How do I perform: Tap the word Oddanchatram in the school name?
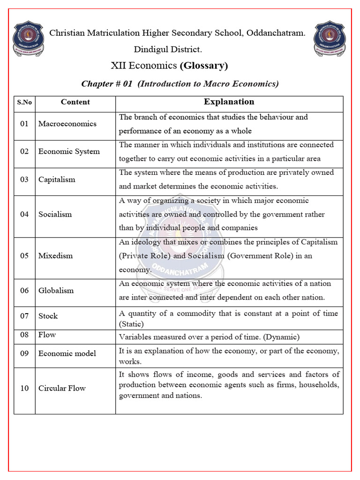pos(276,33)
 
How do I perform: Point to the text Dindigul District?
pos(168,49)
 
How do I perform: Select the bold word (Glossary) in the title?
pos(204,66)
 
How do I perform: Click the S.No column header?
pos(24,102)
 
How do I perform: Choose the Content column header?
pos(75,102)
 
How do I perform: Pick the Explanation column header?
pos(229,102)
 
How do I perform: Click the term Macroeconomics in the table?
pos(67,124)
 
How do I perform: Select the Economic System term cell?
pos(69,151)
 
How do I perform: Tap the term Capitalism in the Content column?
pos(57,180)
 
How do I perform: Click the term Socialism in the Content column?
pos(55,214)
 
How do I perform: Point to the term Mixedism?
pos(55,256)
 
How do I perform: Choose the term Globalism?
pos(56,291)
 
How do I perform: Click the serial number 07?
pos(24,316)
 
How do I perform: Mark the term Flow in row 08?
pos(47,335)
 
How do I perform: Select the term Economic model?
pos(67,353)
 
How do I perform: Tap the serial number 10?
pos(24,388)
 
